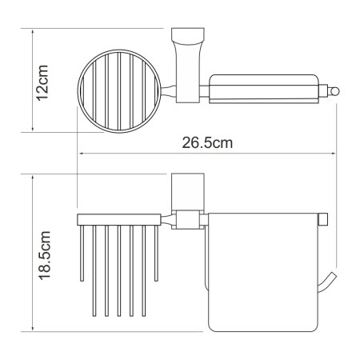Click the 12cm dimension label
pos(42,82)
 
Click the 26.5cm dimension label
pos(207,142)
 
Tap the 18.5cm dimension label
pos(44,255)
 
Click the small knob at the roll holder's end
pos(334,91)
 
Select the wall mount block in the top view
pos(187,65)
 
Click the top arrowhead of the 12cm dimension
pos(33,33)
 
